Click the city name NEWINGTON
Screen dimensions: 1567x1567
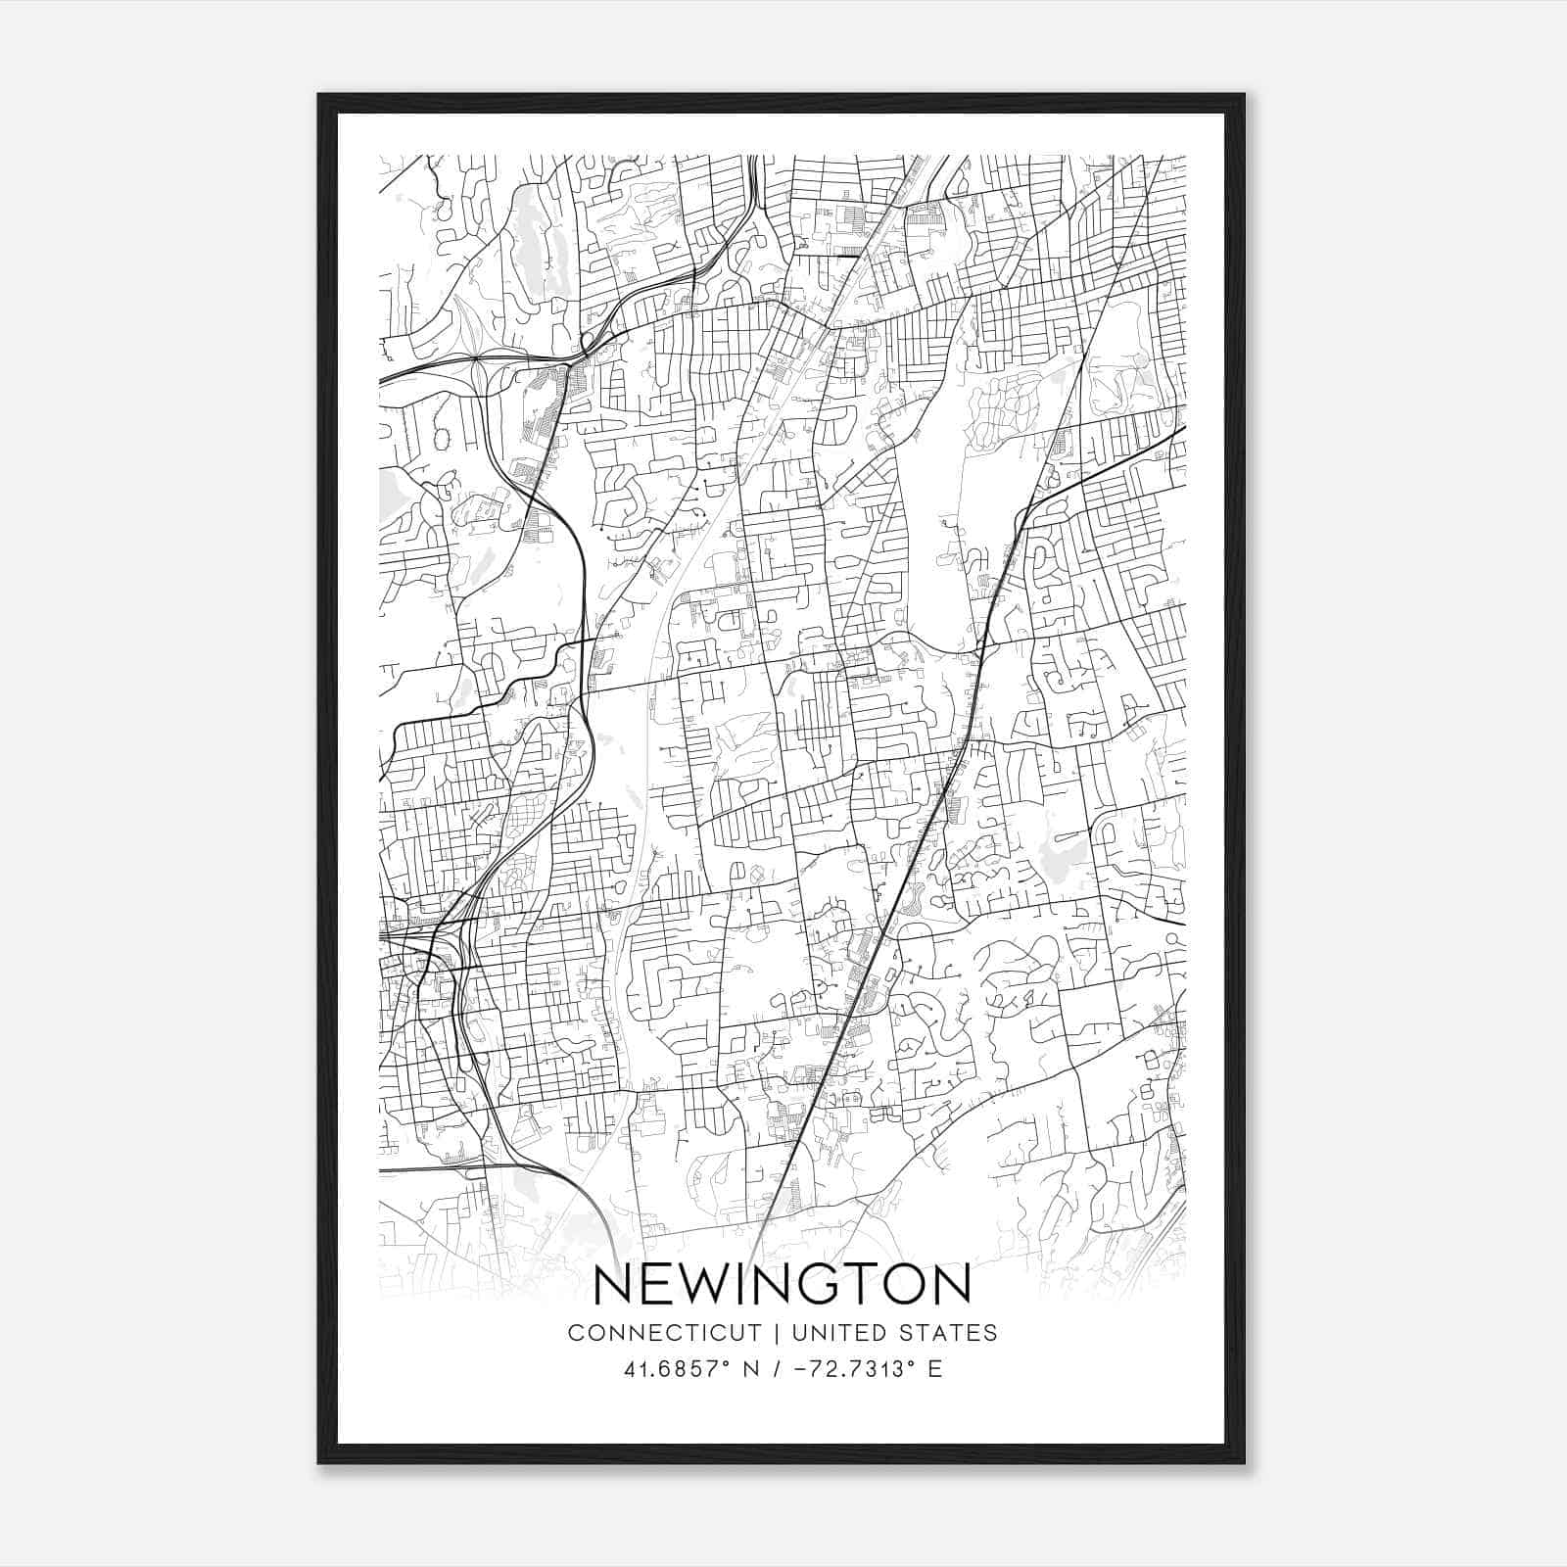coord(783,1284)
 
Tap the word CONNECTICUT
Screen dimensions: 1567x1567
coord(664,1333)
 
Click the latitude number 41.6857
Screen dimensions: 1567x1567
coord(671,1369)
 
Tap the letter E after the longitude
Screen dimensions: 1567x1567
coord(935,1369)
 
